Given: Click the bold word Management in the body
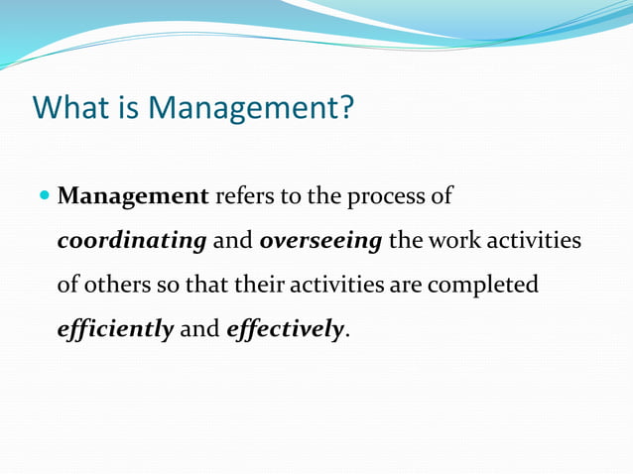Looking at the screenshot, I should (133, 195).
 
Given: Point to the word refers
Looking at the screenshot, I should (245, 195).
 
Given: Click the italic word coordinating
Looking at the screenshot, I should (131, 240).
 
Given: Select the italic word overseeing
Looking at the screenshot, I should (320, 240).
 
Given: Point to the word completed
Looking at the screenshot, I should (481, 285).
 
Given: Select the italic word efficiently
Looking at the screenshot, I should (115, 329).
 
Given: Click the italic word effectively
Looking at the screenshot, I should (285, 329).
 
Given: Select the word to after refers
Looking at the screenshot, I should (291, 195).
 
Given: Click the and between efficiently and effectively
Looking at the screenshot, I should (199, 329).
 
